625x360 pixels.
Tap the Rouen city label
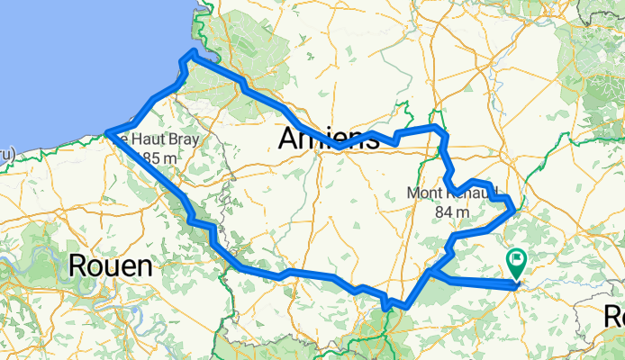(110, 265)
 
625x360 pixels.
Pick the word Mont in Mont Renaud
(426, 193)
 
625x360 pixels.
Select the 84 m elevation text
(453, 211)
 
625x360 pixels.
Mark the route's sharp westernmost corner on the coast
(107, 134)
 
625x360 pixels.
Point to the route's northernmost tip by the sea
(190, 54)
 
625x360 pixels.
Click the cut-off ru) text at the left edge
(5, 153)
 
